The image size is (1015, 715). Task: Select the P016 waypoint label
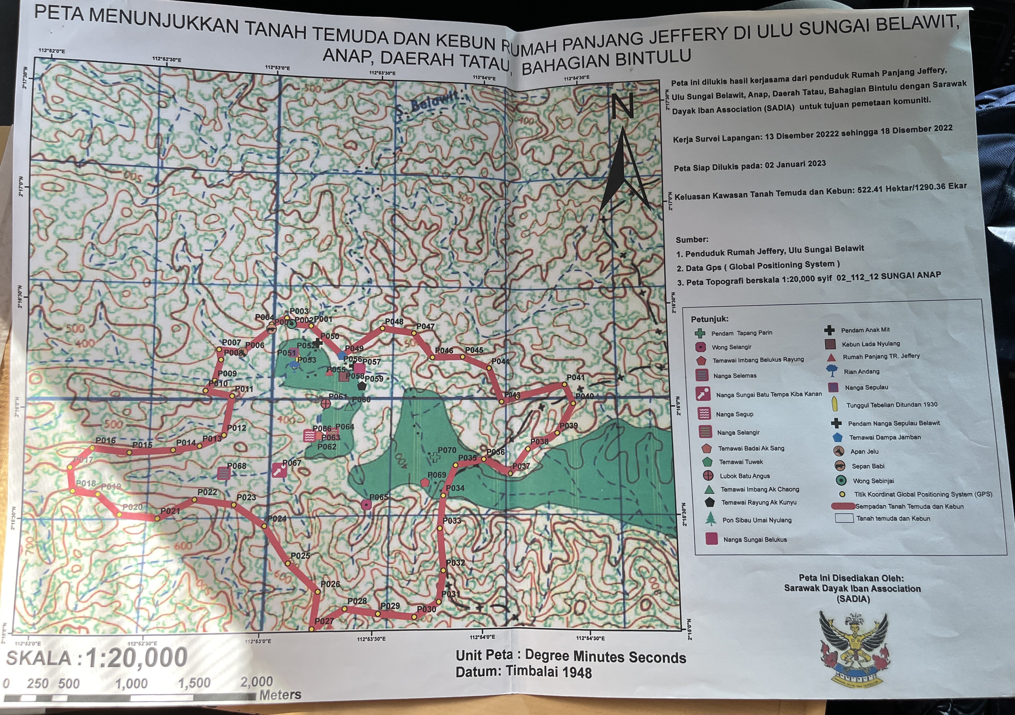[x=106, y=440]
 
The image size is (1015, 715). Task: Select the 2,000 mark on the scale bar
[x=256, y=681]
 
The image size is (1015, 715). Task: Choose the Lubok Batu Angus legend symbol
[x=708, y=476]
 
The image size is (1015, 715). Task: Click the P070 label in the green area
[x=447, y=450]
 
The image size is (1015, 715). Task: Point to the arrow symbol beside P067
[x=278, y=471]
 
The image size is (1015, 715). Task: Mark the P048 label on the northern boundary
[x=394, y=321]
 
